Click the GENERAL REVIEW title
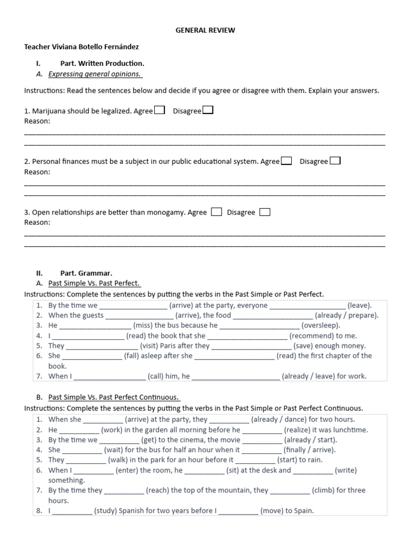pos(205,31)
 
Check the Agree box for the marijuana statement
pos(159,110)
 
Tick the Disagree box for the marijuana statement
pos(208,110)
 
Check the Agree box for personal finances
pos(286,161)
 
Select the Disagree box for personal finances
pos(335,161)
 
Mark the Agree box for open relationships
pos(216,212)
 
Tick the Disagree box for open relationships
pos(264,212)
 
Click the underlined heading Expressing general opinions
pos(94,74)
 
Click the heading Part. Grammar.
pos(86,273)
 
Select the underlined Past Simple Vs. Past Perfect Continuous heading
pos(113,398)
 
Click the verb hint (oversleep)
pos(321,325)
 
